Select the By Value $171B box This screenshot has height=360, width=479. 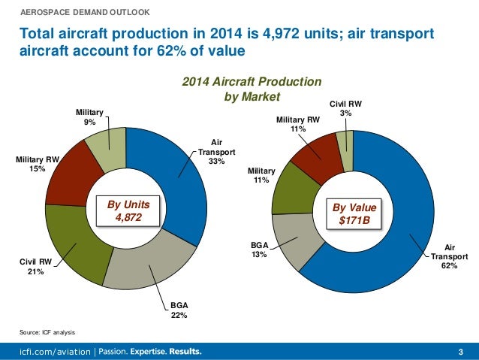353,213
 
